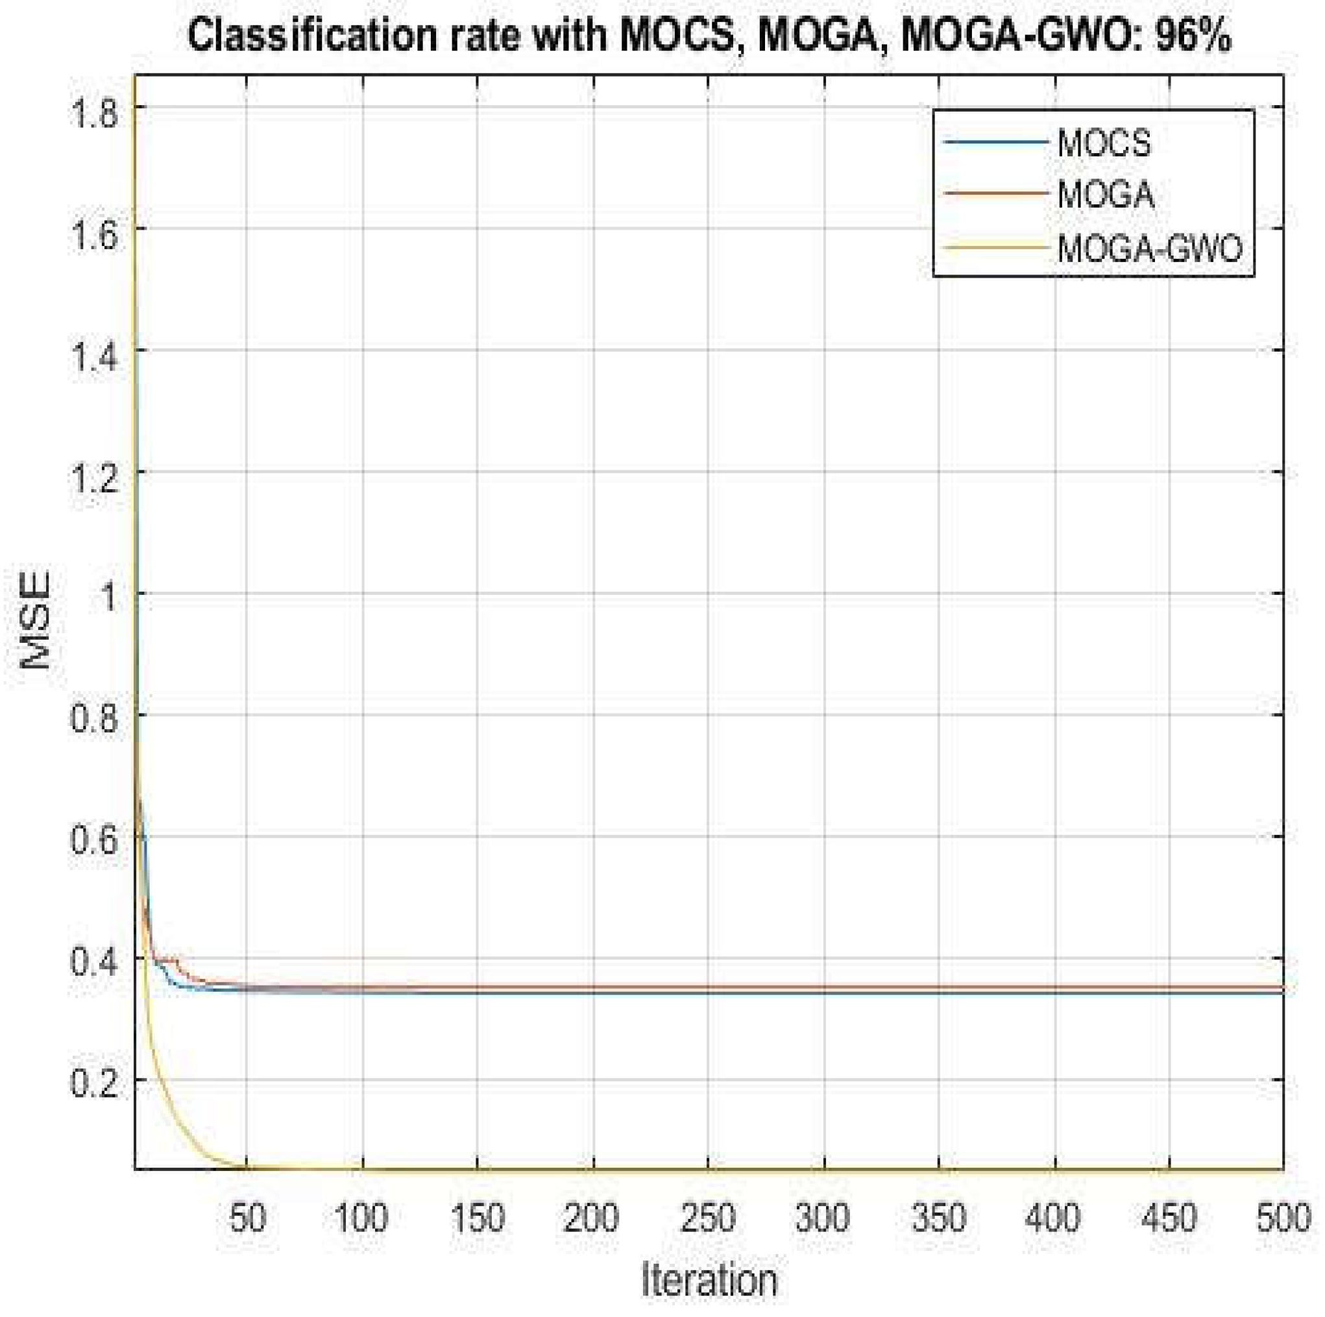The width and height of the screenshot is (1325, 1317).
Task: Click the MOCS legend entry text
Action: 1104,144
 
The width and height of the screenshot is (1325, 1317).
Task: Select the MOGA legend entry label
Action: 1106,195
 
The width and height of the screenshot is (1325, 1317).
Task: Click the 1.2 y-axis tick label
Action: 95,472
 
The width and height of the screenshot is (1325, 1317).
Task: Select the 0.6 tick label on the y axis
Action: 95,837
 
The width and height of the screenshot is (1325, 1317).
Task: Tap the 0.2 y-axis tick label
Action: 95,1080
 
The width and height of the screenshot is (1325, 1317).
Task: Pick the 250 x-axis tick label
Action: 709,1218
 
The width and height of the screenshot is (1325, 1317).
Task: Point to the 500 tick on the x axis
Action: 1282,1218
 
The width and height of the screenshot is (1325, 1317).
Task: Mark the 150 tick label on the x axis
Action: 478,1218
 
